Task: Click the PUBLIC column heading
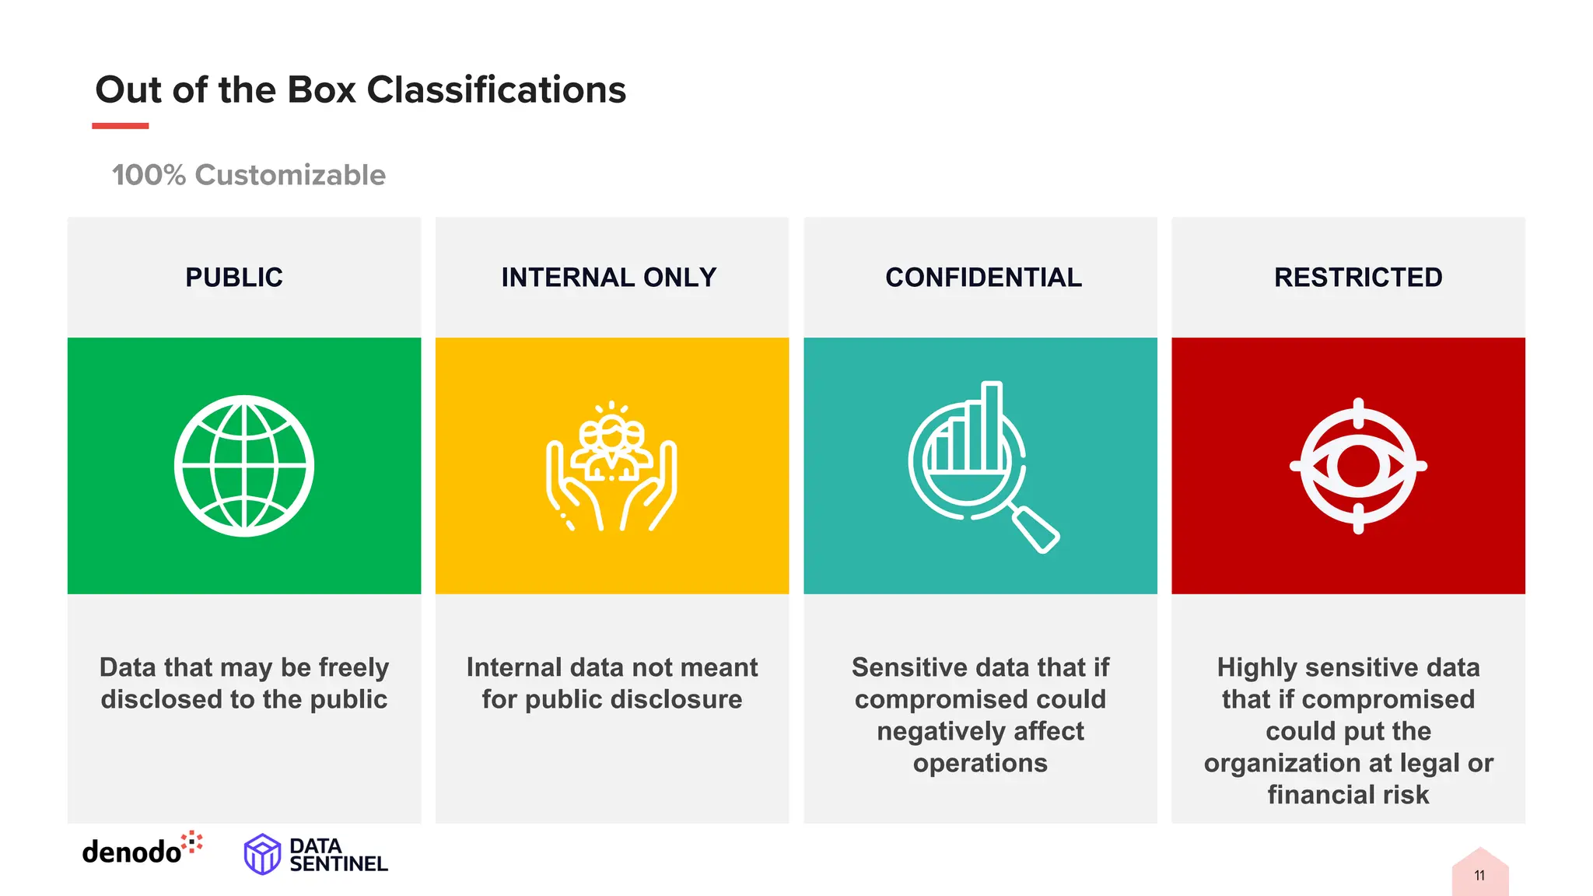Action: click(x=234, y=278)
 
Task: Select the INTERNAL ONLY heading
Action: click(x=608, y=278)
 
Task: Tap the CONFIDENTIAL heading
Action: click(x=983, y=278)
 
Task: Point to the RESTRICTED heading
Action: click(x=1358, y=278)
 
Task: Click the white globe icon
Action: click(x=244, y=466)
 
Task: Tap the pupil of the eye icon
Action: click(x=1359, y=466)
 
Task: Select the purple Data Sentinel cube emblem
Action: click(x=262, y=854)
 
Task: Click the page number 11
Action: click(x=1479, y=876)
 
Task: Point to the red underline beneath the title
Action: click(x=120, y=125)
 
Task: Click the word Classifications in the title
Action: click(x=496, y=90)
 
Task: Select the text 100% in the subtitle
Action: click(x=149, y=176)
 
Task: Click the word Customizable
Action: click(x=290, y=176)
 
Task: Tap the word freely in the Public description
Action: click(x=353, y=668)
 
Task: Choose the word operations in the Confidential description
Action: click(x=980, y=763)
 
